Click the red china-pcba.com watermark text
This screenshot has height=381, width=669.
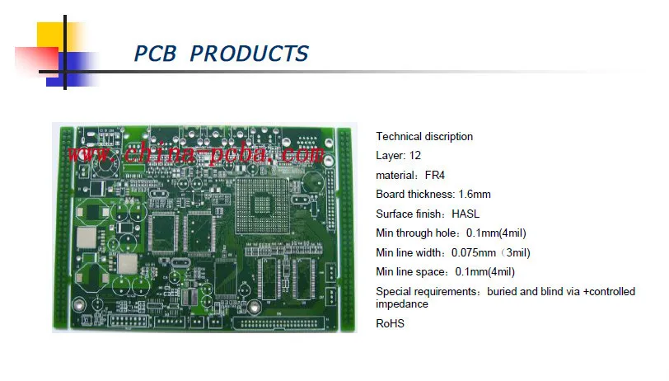pyautogui.click(x=194, y=153)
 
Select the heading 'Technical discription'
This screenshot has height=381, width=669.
pyautogui.click(x=424, y=136)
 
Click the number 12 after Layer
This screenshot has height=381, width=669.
pyautogui.click(x=415, y=155)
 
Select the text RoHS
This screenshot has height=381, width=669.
pyautogui.click(x=390, y=323)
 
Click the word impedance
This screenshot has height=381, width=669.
pyautogui.click(x=402, y=303)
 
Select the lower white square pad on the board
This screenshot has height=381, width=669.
pyautogui.click(x=126, y=265)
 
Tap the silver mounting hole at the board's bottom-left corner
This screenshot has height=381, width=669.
pyautogui.click(x=78, y=304)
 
